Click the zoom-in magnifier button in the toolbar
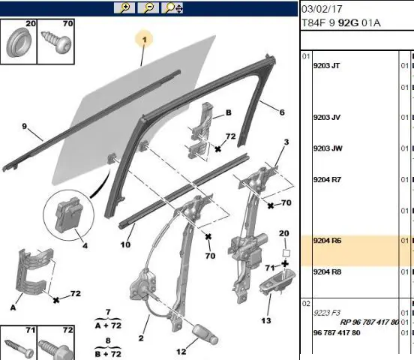pyautogui.click(x=124, y=7)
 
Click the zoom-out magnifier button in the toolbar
pyautogui.click(x=148, y=7)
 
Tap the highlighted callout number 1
pyautogui.click(x=144, y=40)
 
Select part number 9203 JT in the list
pyautogui.click(x=326, y=65)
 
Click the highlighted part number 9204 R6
pyautogui.click(x=327, y=241)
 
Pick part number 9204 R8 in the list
pyautogui.click(x=327, y=271)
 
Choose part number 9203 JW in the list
pyautogui.click(x=328, y=148)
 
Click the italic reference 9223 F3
pyautogui.click(x=326, y=313)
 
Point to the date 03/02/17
pyautogui.click(x=322, y=9)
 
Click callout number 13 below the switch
pyautogui.click(x=266, y=320)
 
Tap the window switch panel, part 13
pyautogui.click(x=277, y=282)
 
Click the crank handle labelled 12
pyautogui.click(x=205, y=334)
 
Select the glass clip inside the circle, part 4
pyautogui.click(x=68, y=214)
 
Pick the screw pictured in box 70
pyautogui.click(x=56, y=42)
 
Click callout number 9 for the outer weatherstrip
pyautogui.click(x=25, y=127)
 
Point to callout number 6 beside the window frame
pyautogui.click(x=282, y=112)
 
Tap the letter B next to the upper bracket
pyautogui.click(x=229, y=112)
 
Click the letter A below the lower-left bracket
pyautogui.click(x=13, y=307)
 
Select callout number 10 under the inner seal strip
pyautogui.click(x=125, y=244)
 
